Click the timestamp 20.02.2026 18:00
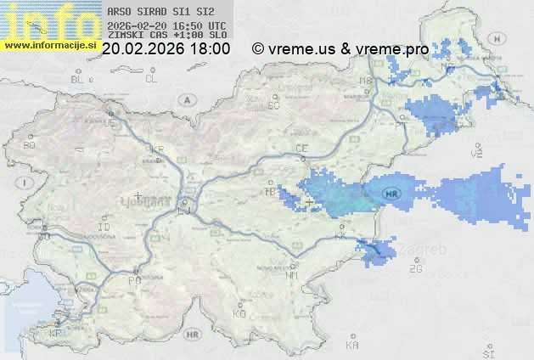click(166, 49)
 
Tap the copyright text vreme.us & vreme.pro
click(340, 49)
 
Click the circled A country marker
click(185, 99)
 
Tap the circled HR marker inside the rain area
click(391, 193)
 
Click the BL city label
click(79, 79)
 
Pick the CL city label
click(151, 79)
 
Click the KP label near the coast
click(55, 334)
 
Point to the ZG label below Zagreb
click(415, 269)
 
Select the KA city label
click(352, 346)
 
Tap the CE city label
click(301, 149)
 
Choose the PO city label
click(133, 280)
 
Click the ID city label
click(104, 228)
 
